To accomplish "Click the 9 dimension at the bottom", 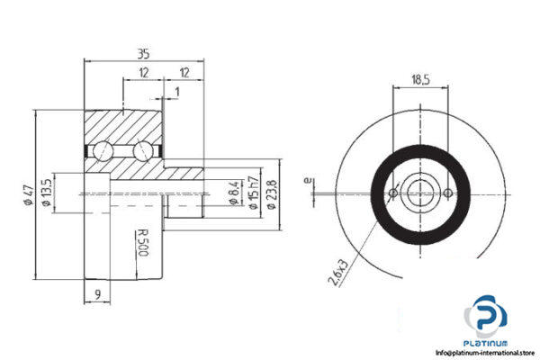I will (x=94, y=291).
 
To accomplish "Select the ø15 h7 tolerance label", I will (x=254, y=191).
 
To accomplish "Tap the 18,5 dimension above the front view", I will (x=420, y=79).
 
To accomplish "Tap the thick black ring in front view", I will (x=420, y=229).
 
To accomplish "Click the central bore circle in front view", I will (x=420, y=192).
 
